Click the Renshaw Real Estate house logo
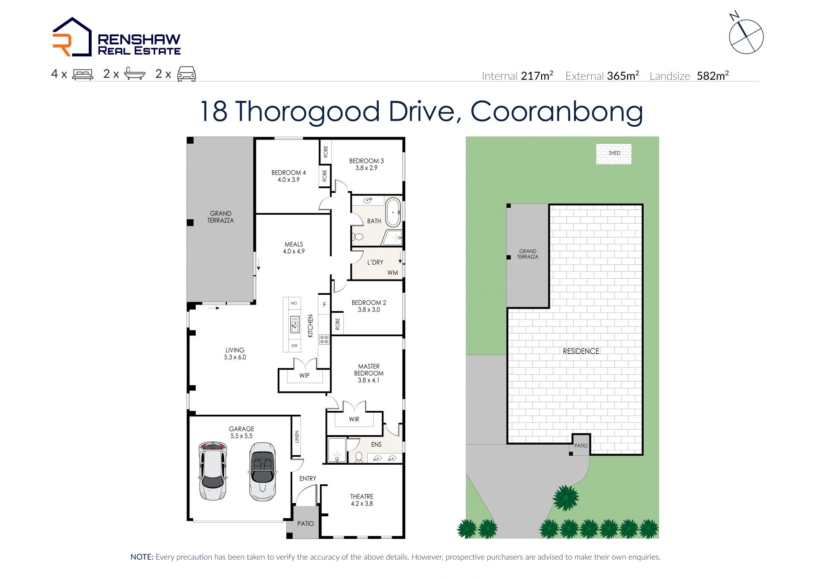pos(72,37)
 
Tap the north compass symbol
pos(746,34)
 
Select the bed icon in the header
pos(83,74)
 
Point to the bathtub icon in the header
pos(135,74)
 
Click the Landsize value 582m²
pos(713,76)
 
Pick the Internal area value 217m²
pos(537,76)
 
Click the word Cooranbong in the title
pos(557,111)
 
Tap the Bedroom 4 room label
pos(289,176)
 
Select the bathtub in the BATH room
pos(393,212)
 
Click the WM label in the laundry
pos(393,273)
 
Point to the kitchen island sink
pos(294,324)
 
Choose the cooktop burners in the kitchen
pos(324,340)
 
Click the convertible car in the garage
pos(262,471)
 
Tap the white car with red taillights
pos(213,471)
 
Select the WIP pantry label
pos(304,375)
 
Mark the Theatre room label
pos(362,500)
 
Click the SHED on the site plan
pos(614,153)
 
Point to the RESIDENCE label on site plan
pos(581,351)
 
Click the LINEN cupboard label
pos(297,436)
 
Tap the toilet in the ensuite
pos(359,457)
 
